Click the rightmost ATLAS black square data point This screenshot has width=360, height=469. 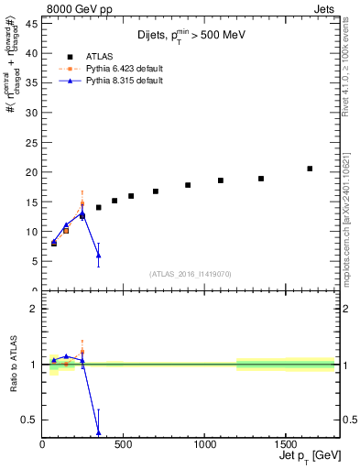pos(310,169)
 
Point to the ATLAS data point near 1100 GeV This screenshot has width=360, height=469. pos(221,180)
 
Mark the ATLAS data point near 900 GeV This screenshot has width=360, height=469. pos(188,185)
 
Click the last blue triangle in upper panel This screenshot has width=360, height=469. pos(98,256)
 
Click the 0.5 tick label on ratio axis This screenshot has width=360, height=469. pos(28,420)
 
